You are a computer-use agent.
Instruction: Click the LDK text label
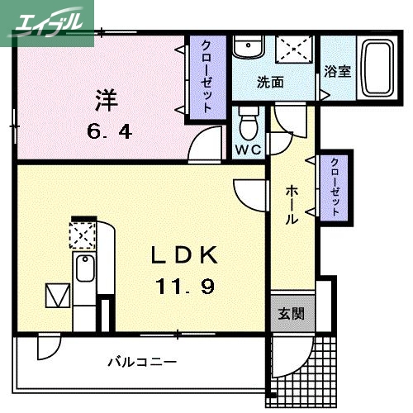tap(186, 255)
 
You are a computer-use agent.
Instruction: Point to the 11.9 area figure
tap(186, 286)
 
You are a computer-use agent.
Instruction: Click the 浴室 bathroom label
tap(337, 71)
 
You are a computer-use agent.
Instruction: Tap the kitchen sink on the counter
tap(84, 268)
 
